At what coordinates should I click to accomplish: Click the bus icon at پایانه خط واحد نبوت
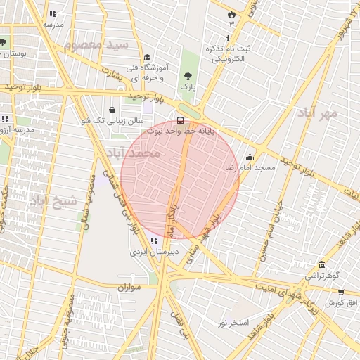181,120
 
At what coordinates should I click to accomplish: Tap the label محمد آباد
133,153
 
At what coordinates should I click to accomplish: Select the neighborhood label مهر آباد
317,112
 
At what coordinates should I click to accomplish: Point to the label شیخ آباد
48,200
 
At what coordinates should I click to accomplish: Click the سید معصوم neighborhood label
96,45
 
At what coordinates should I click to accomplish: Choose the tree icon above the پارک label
187,75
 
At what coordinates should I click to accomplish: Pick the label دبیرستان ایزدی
153,251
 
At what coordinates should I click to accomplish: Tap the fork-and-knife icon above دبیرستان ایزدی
154,240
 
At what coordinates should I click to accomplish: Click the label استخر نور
233,323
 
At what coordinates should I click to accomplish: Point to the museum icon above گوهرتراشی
322,264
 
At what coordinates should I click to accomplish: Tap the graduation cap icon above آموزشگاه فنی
146,57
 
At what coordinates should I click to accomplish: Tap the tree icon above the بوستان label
3,42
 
